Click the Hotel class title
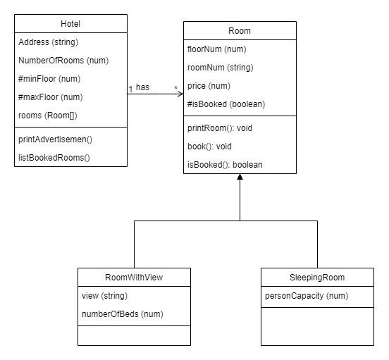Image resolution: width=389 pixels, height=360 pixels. (x=70, y=24)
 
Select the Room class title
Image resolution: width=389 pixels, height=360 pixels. (x=240, y=31)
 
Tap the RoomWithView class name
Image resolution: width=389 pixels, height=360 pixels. (x=134, y=277)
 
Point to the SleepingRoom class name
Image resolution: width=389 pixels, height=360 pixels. (x=317, y=277)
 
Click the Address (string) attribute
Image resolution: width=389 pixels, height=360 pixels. (x=49, y=42)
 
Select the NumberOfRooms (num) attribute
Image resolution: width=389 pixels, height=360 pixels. (x=63, y=61)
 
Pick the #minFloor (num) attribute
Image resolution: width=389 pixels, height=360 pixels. (x=49, y=79)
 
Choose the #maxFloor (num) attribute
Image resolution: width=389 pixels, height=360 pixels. (x=50, y=97)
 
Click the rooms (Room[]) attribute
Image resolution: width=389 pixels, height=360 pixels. (x=48, y=116)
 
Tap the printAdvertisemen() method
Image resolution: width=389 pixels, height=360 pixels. (x=56, y=139)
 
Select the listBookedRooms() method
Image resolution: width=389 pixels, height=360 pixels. (x=54, y=158)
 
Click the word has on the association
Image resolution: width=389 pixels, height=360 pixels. (x=142, y=87)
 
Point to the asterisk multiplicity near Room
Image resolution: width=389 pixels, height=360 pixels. (x=176, y=88)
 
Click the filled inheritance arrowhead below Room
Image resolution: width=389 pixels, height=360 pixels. (x=240, y=177)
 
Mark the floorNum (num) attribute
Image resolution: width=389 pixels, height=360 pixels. (x=217, y=49)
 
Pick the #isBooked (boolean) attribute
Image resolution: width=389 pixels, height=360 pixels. (x=226, y=104)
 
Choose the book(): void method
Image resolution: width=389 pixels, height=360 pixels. (x=209, y=147)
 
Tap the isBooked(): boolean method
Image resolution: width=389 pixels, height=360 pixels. (x=225, y=165)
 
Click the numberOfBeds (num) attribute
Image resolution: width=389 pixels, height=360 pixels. (x=123, y=314)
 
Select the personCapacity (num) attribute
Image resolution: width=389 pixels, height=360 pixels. (x=307, y=296)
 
